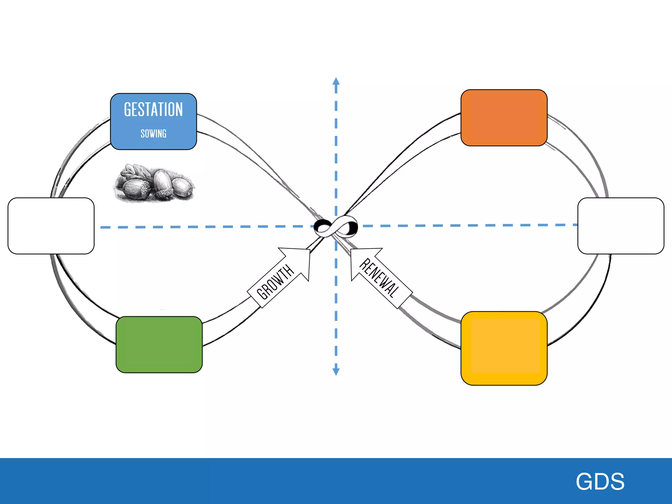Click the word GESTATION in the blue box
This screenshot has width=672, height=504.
[x=153, y=110]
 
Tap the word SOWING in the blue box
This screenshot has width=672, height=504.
[x=153, y=134]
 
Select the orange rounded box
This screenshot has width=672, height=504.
[x=504, y=117]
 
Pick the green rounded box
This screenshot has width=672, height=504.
[x=159, y=344]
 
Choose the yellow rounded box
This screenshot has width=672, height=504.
[x=504, y=348]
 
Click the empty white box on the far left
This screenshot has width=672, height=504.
[x=51, y=226]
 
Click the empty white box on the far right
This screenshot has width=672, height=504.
[x=620, y=226]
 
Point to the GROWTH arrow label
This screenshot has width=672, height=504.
[x=275, y=282]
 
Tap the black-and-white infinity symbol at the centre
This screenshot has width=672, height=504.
[x=336, y=226]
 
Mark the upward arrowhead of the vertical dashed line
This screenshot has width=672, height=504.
[x=336, y=81]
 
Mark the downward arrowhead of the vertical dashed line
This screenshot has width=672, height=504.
[x=336, y=371]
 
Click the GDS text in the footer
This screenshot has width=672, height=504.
[x=600, y=481]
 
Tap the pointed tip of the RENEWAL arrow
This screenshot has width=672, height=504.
[x=351, y=249]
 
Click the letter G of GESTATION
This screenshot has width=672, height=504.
[x=127, y=110]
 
